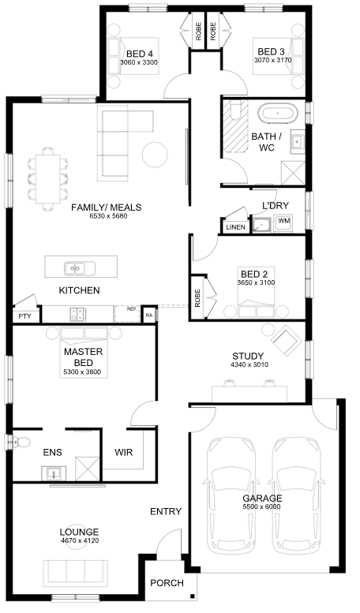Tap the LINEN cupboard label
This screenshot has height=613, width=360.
(235, 227)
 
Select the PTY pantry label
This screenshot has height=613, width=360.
(24, 316)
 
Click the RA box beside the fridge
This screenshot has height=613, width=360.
(148, 315)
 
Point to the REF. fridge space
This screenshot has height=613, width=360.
(127, 313)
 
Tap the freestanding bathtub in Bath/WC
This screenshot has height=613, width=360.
(278, 114)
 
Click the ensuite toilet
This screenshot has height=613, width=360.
(21, 442)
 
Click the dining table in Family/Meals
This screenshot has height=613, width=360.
(48, 179)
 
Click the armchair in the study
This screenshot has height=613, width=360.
(287, 341)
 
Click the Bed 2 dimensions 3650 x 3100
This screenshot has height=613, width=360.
(257, 282)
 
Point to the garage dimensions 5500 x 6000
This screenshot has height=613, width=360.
(262, 507)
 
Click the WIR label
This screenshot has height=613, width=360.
(124, 452)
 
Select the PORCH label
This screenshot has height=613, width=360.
(167, 583)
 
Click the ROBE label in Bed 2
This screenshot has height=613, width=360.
(197, 298)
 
